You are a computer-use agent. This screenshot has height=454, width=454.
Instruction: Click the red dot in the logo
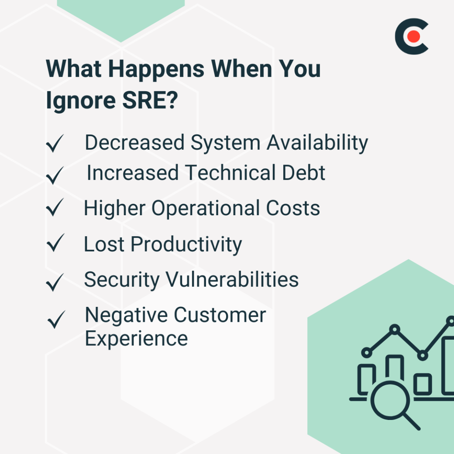(413, 37)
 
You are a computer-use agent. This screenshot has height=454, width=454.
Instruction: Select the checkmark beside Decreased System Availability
(55, 144)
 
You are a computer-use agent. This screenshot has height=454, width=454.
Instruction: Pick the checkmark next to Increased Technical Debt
(55, 175)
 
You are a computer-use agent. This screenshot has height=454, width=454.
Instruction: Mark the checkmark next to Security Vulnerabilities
(55, 282)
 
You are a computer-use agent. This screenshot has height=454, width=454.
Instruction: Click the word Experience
(136, 338)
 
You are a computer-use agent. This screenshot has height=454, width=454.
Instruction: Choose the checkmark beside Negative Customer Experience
(56, 320)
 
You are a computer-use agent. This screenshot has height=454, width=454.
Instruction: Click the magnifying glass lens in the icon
(390, 400)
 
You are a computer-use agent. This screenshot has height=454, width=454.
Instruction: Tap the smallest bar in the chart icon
(423, 384)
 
